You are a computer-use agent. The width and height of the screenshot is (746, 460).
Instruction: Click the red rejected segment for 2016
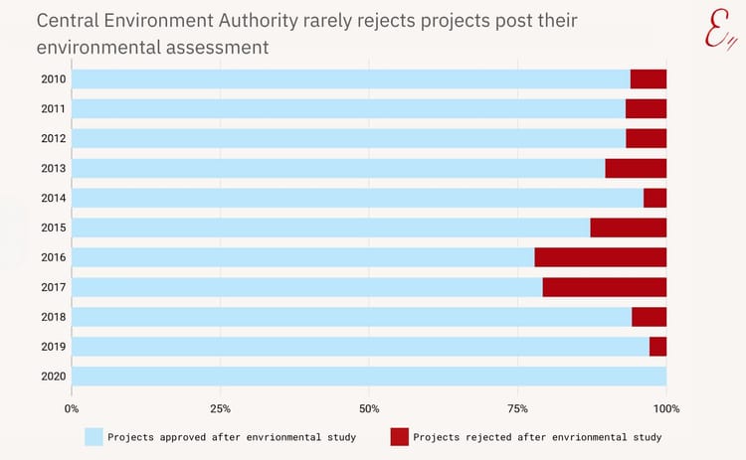tap(600, 257)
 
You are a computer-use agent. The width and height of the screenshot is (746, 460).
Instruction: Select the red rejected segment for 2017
tap(604, 287)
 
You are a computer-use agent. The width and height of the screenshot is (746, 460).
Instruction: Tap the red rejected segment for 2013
tap(636, 168)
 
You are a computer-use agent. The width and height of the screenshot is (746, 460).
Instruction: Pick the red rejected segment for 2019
tap(657, 347)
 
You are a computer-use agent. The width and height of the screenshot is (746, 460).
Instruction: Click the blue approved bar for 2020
tap(368, 377)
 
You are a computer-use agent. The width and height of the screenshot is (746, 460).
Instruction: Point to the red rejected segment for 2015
tap(628, 228)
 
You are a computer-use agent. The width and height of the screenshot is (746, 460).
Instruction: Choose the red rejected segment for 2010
tap(649, 79)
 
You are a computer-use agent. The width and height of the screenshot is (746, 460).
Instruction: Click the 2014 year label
tap(54, 198)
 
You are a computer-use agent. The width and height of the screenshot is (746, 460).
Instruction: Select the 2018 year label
tap(54, 317)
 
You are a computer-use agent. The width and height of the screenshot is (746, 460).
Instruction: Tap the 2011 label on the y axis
tap(54, 109)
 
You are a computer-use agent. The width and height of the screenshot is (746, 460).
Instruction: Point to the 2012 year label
tap(54, 139)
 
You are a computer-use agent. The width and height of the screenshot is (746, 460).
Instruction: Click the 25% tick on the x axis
tap(221, 408)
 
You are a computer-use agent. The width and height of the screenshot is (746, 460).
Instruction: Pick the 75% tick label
tap(517, 408)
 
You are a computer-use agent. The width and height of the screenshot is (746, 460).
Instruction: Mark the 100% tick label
tap(666, 408)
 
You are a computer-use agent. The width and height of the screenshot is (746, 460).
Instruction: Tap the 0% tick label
tap(72, 408)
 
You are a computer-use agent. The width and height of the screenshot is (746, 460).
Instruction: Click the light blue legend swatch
tap(93, 436)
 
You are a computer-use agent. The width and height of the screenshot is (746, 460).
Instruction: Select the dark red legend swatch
tap(399, 436)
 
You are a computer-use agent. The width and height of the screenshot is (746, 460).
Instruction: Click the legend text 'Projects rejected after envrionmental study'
tap(537, 436)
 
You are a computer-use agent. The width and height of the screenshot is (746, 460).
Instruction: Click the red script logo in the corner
tap(718, 30)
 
